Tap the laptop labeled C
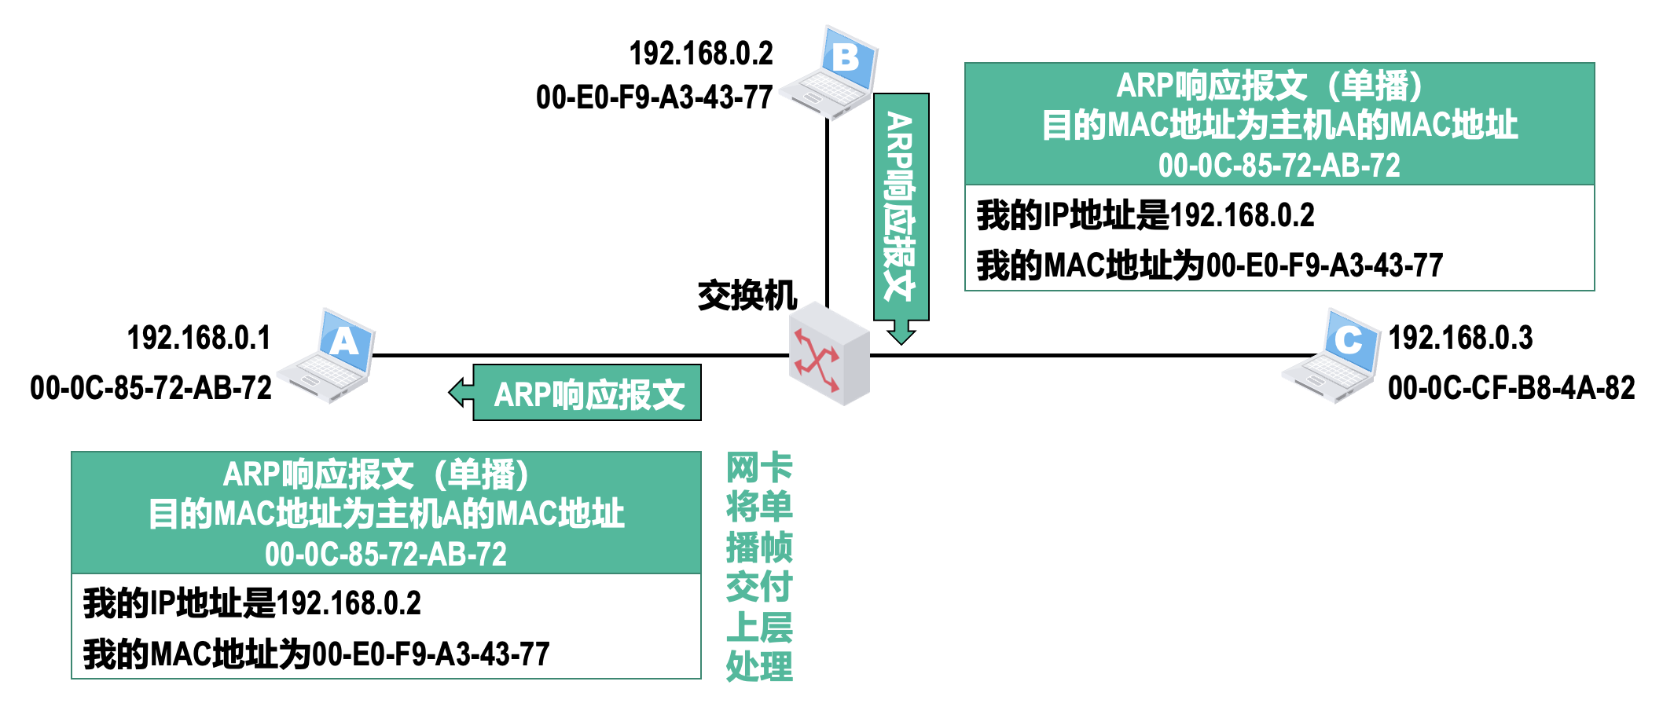pyautogui.click(x=1333, y=358)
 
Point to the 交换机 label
pyautogui.click(x=747, y=296)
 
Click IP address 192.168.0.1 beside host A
pyautogui.click(x=199, y=338)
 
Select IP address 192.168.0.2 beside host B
pyautogui.click(x=701, y=53)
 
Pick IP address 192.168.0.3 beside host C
pyautogui.click(x=1460, y=338)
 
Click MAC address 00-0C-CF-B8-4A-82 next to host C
pyautogui.click(x=1511, y=388)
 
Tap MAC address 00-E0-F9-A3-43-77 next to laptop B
pyautogui.click(x=654, y=97)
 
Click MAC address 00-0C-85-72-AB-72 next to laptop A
pyautogui.click(x=151, y=388)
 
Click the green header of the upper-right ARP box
pyautogui.click(x=1279, y=124)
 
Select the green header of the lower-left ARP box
pyautogui.click(x=385, y=512)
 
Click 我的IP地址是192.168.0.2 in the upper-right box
pyautogui.click(x=1145, y=215)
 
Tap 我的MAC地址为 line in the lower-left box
pyautogui.click(x=316, y=654)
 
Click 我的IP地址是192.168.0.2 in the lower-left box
pyautogui.click(x=252, y=603)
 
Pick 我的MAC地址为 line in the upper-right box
pyautogui.click(x=1210, y=266)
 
